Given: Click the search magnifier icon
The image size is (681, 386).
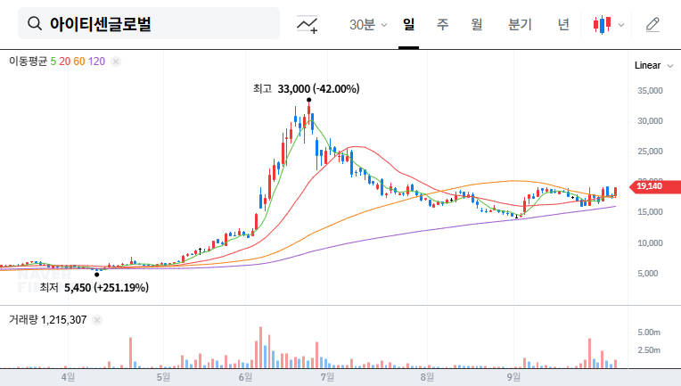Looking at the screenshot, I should point(35,24).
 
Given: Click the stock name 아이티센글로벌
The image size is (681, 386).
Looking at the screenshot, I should point(101,24).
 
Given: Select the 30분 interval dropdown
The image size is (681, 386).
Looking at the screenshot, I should point(368,24).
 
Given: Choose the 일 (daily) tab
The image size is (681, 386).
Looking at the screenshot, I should point(408,24).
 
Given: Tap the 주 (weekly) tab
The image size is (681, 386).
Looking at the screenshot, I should point(442,24).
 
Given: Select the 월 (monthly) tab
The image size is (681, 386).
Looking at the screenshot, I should point(476,24).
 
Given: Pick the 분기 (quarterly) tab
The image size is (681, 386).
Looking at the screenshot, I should point(520,24).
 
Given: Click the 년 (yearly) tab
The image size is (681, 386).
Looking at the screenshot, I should point(563,24).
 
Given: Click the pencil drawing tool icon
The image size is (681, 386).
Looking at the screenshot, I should point(652,24).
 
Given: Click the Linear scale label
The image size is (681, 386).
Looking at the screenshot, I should point(647,66).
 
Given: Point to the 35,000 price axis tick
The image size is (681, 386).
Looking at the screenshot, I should point(650,90).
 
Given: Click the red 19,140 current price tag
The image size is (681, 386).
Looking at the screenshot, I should point(650,186).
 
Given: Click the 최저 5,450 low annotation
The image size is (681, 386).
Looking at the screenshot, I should point(94,287).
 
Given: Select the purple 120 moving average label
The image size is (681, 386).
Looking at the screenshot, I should point(97,61).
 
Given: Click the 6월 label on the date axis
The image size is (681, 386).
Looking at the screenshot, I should point(245,376).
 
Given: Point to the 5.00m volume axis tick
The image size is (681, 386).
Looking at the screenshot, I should point(648,332).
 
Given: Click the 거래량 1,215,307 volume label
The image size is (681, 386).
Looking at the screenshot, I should point(48,319).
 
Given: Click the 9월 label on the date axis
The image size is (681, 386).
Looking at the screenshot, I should point(513,376).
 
